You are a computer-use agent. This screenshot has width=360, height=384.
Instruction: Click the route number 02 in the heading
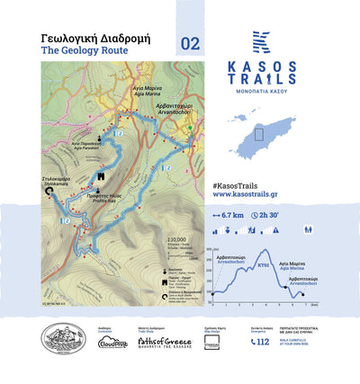pos(191,43)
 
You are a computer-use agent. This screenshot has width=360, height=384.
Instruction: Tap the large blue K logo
pos(261,42)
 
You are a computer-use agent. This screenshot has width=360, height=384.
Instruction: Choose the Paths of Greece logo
pos(155,342)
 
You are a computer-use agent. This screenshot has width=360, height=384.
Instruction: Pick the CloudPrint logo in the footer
pos(112,342)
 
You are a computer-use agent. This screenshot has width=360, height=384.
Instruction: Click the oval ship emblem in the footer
pos(62,340)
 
